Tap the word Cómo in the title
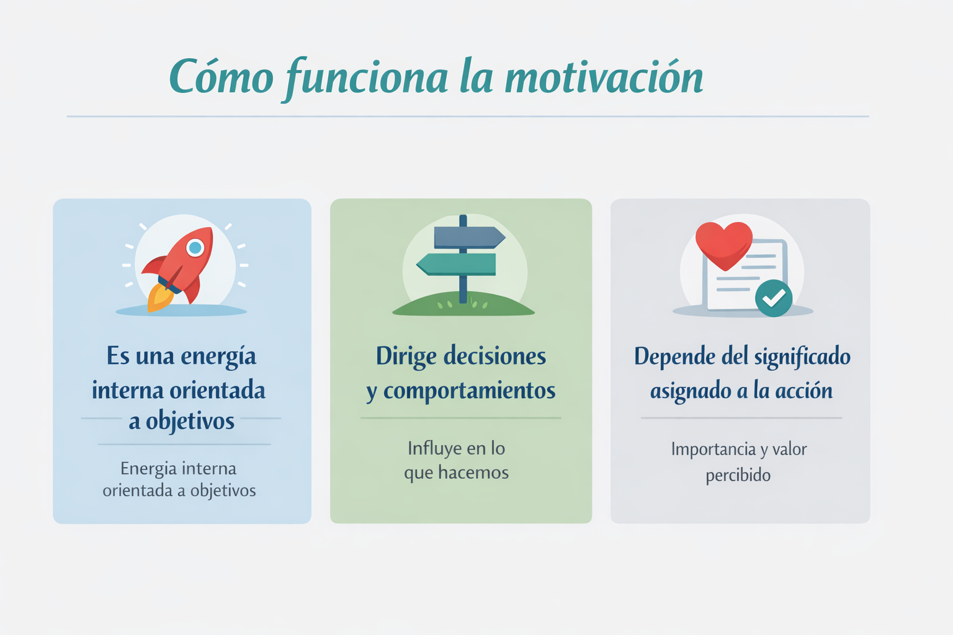[221, 76]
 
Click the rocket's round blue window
[195, 247]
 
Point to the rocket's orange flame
[160, 298]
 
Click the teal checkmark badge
[774, 298]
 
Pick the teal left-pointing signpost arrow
[456, 264]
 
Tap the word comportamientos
[470, 390]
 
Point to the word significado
[802, 357]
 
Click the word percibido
[738, 475]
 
